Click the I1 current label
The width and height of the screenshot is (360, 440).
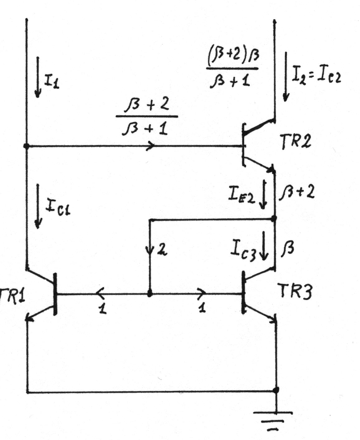pos(51,82)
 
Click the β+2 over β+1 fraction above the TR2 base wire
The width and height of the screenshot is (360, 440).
pos(146,117)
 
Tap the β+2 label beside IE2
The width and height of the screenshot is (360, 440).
pos(296,193)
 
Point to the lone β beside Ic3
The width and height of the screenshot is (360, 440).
pos(288,249)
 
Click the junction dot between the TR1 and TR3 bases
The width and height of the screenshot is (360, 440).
pos(149,294)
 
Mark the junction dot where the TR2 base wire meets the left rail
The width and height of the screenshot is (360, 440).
pos(26,146)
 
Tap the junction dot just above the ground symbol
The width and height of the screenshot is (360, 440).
pos(276,390)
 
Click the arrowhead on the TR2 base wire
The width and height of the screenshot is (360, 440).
pos(151,146)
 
